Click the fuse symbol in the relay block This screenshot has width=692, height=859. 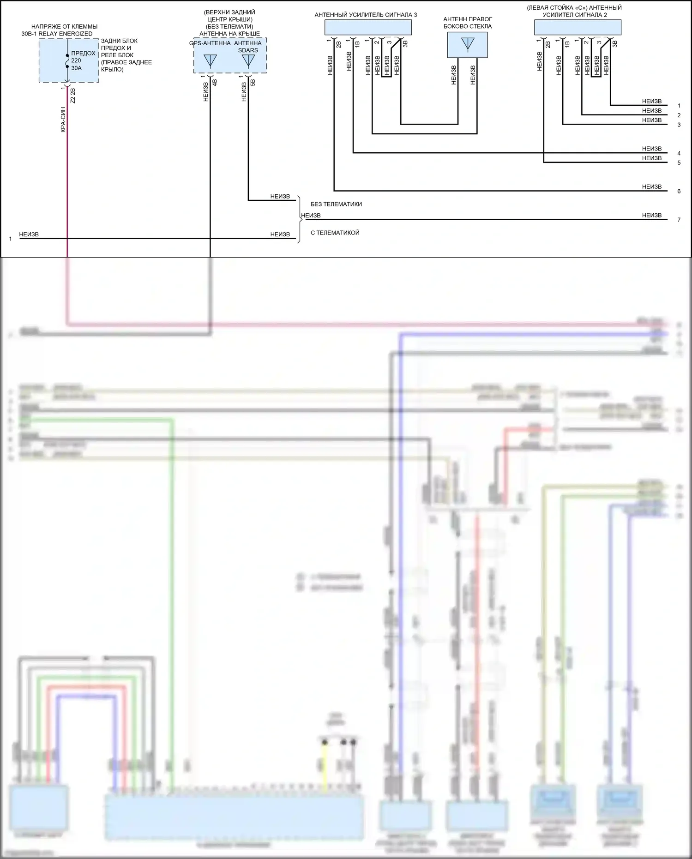pos(67,60)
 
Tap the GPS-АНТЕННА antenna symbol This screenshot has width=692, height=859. pos(210,60)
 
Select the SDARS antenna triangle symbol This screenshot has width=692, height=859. pos(248,60)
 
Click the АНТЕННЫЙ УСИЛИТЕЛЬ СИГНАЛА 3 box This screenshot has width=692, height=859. pos(368,28)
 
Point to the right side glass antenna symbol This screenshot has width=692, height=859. pos(467,44)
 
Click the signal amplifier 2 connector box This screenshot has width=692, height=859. pos(577,28)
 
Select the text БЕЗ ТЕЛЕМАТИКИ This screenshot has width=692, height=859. pos(336,204)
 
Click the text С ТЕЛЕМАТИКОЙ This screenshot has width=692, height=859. pos(335,233)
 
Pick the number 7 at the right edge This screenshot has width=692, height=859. pos(679,220)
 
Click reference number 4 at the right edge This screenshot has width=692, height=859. pos(679,153)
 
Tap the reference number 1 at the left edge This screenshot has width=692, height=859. pos(10,239)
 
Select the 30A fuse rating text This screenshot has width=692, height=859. pos(76,68)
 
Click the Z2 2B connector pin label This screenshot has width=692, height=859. pos(72,96)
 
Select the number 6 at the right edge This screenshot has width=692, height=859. pos(679,191)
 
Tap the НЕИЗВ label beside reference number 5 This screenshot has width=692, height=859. pos(651,158)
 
